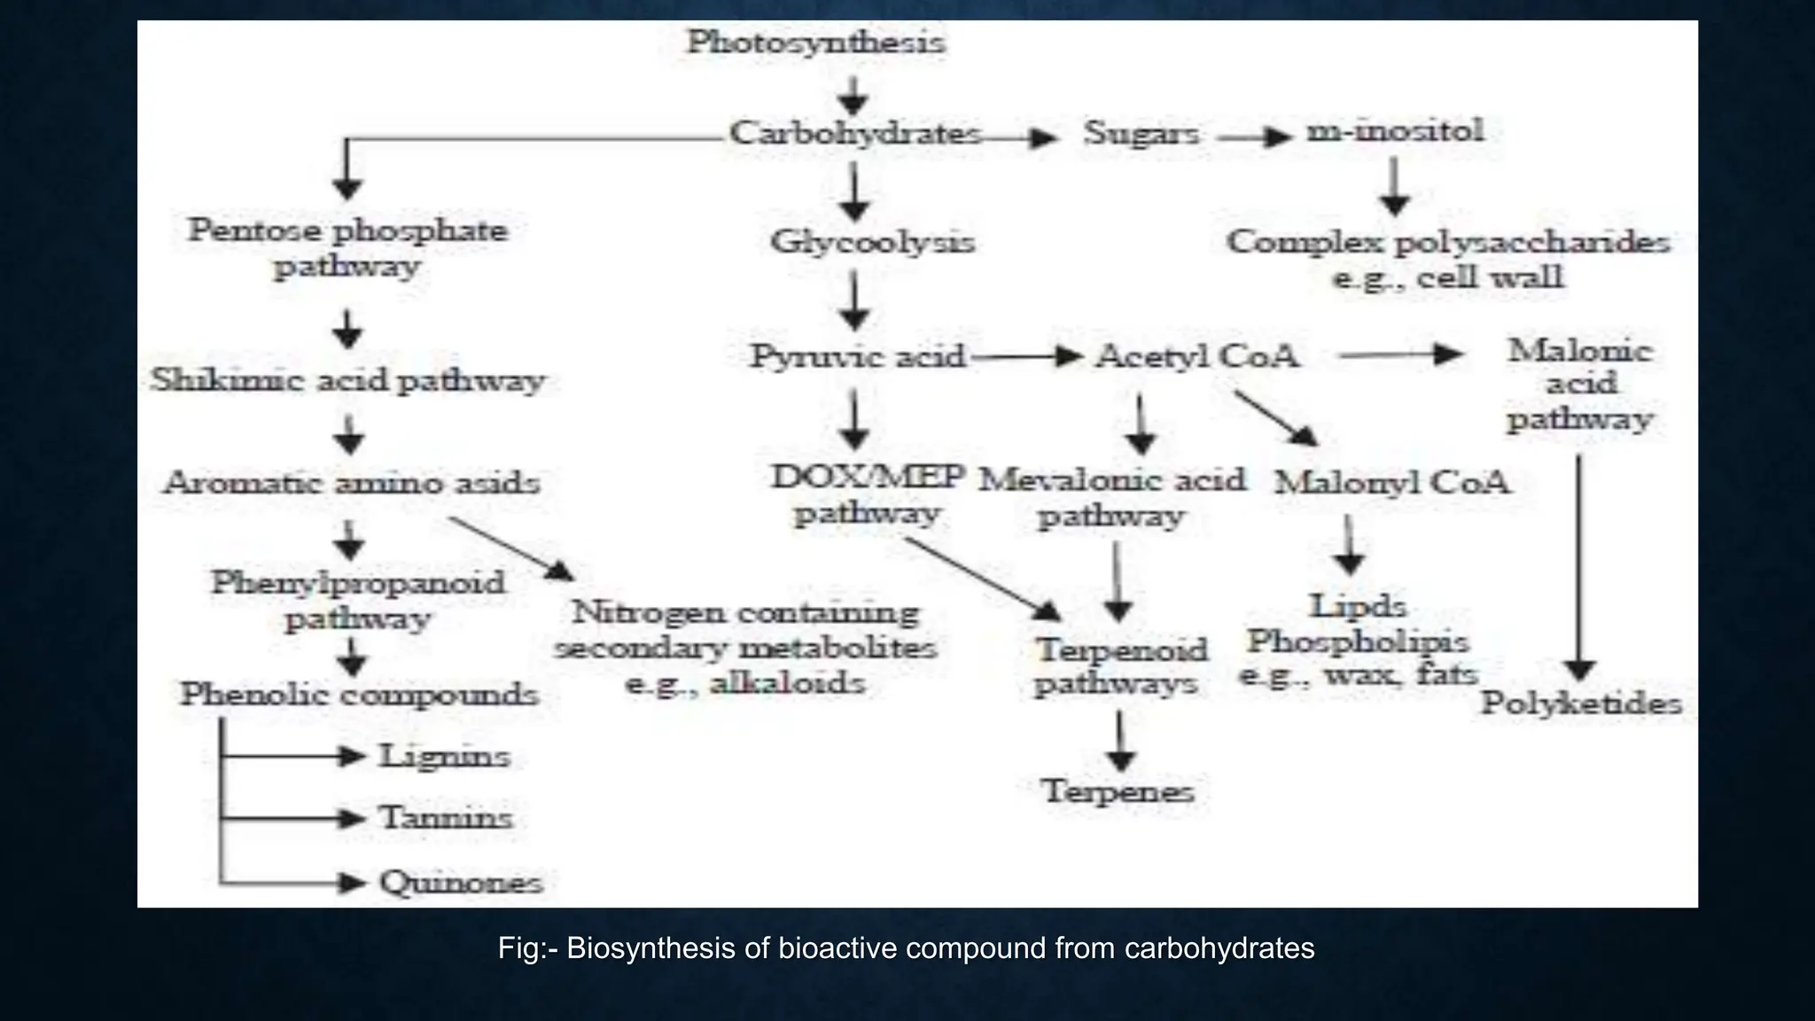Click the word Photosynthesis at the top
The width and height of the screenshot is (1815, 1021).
[816, 43]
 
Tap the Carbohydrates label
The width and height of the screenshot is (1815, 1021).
[855, 134]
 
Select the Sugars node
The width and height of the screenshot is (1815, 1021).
[1141, 134]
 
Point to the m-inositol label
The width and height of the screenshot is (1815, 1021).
[1395, 131]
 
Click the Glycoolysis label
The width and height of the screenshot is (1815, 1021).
[872, 242]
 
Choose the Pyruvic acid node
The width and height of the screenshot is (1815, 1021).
[857, 356]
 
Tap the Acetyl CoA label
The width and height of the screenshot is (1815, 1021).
[1197, 356]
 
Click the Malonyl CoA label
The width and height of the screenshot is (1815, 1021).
[1392, 483]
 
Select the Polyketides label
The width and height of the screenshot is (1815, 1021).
[1581, 704]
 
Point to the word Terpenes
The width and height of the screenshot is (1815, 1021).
[1118, 791]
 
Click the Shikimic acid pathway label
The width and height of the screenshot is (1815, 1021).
[347, 381]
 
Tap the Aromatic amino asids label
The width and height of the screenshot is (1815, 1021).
[352, 484]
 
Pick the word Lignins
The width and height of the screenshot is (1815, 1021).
[445, 757]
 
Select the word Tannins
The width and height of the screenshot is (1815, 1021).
[446, 818]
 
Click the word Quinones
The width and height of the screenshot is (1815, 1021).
[461, 883]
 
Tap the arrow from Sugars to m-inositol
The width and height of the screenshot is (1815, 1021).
[1254, 136]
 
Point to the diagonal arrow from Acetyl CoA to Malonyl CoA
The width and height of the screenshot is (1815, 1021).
[1276, 418]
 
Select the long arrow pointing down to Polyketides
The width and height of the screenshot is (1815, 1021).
[1579, 567]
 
